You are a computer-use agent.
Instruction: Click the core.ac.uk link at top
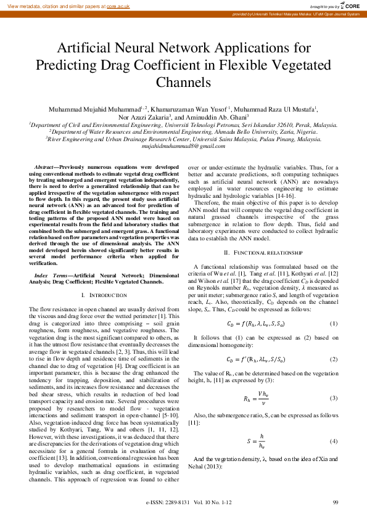point(123,5)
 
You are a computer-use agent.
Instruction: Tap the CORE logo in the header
point(351,5)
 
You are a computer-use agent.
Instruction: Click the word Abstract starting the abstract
point(44,167)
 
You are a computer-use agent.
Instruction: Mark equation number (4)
point(333,441)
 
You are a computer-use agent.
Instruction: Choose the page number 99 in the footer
point(336,504)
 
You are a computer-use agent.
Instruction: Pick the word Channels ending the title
point(183,82)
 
